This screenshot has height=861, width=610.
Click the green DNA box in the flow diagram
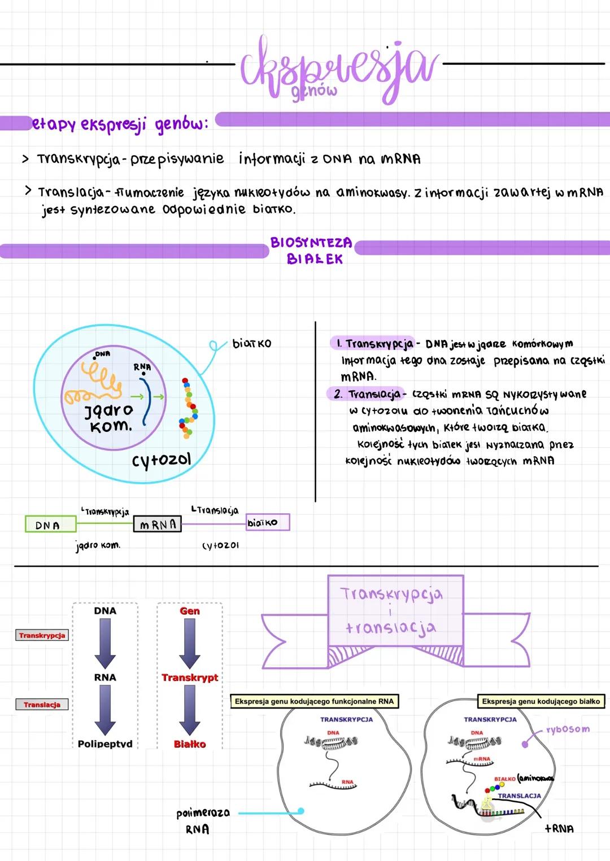pyautogui.click(x=50, y=525)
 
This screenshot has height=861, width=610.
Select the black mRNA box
pyautogui.click(x=158, y=525)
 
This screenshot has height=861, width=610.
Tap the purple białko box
pyautogui.click(x=268, y=522)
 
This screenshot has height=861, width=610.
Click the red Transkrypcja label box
pyautogui.click(x=42, y=635)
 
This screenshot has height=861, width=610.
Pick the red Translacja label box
pyautogui.click(x=42, y=704)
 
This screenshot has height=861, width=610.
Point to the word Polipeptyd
pyautogui.click(x=105, y=744)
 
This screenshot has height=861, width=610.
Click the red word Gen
pyautogui.click(x=190, y=611)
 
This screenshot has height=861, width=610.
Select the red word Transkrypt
pyautogui.click(x=190, y=677)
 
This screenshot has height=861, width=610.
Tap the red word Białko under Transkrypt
pyautogui.click(x=190, y=744)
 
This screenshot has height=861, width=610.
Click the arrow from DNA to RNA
pyautogui.click(x=105, y=644)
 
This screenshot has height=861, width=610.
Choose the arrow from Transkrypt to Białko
pyautogui.click(x=190, y=710)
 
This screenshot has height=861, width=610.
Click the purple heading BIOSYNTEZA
pyautogui.click(x=311, y=243)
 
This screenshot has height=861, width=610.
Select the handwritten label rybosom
pyautogui.click(x=568, y=729)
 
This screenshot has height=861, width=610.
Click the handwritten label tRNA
pyautogui.click(x=559, y=828)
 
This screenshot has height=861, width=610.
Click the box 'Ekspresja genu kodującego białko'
pyautogui.click(x=541, y=701)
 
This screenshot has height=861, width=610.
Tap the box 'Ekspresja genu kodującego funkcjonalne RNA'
pyautogui.click(x=314, y=701)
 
